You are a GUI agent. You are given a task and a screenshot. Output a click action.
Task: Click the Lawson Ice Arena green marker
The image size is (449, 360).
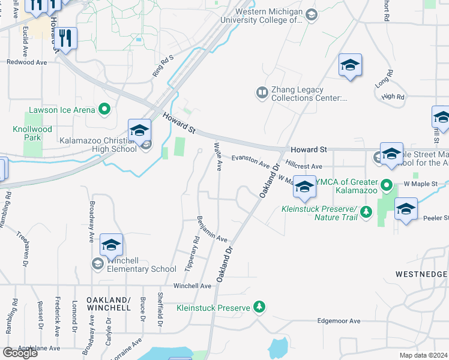[x=104, y=109]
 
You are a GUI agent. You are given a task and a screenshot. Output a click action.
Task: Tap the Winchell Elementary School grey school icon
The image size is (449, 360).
[x=97, y=263]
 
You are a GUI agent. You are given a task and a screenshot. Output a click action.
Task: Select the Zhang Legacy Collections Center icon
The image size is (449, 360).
[x=262, y=92]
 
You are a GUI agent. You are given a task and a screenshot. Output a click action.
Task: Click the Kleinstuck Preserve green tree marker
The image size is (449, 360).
[x=259, y=307]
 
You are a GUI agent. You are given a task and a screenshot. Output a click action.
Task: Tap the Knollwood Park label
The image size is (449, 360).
[x=32, y=133]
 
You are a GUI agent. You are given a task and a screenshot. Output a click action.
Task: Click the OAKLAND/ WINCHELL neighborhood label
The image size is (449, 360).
[x=108, y=303]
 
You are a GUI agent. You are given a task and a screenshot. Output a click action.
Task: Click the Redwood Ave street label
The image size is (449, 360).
[x=26, y=62]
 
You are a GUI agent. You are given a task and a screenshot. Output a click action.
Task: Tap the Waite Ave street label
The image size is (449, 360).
[x=219, y=156]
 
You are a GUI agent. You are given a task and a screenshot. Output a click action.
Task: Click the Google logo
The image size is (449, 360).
[x=20, y=353]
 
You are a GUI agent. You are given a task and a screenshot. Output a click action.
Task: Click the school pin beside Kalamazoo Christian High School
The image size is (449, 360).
[x=139, y=130]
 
